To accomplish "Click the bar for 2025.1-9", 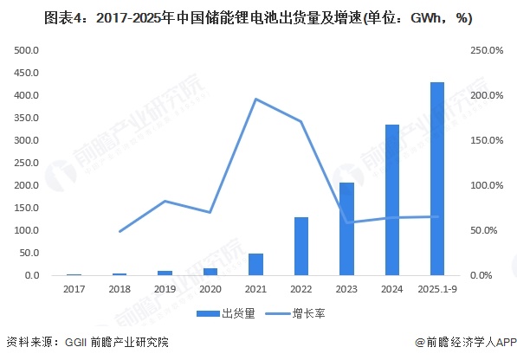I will pyautogui.click(x=437, y=179).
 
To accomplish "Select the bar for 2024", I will pyautogui.click(x=391, y=200).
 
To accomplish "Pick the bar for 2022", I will pyautogui.click(x=301, y=247).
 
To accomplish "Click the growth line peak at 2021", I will pyautogui.click(x=255, y=99).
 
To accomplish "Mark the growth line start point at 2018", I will pyautogui.click(x=120, y=231).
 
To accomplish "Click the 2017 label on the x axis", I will pyautogui.click(x=74, y=289).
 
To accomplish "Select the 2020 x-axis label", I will pyautogui.click(x=210, y=289).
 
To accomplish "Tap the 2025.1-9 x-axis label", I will pyautogui.click(x=437, y=289).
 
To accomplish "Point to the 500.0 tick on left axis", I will pyautogui.click(x=26, y=50).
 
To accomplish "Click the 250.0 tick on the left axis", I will pyautogui.click(x=26, y=163).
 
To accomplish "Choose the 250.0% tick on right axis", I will pyautogui.click(x=486, y=50).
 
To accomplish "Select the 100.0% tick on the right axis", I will pyautogui.click(x=486, y=185).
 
